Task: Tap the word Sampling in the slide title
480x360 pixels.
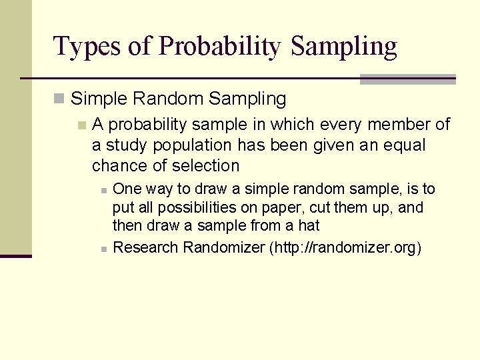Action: [344, 47]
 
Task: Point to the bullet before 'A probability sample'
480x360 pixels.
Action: [81, 125]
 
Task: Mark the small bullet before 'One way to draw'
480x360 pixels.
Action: [103, 190]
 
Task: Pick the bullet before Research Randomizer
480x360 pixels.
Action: [103, 249]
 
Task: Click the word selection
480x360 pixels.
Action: [205, 165]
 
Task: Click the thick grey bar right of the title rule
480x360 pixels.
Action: [407, 79]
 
